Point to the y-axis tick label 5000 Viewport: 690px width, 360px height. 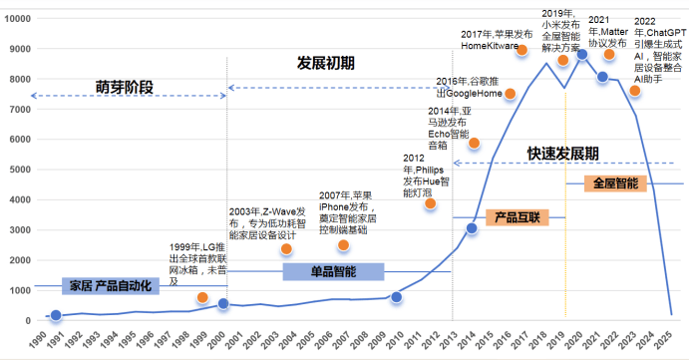(x=20, y=170)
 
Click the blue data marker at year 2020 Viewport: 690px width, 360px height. (x=582, y=55)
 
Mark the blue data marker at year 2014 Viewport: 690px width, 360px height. (x=472, y=229)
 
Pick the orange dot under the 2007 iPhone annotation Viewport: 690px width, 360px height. (x=344, y=245)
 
